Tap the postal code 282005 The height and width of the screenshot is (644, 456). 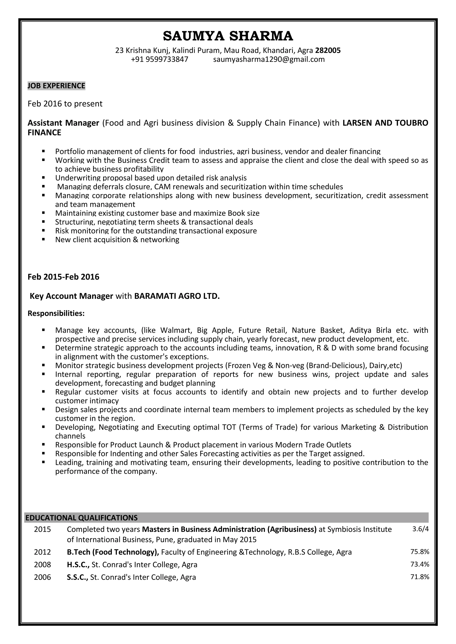[x=328, y=50]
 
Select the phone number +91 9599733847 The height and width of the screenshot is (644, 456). [x=159, y=59]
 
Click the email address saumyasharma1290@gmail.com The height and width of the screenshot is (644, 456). [x=269, y=59]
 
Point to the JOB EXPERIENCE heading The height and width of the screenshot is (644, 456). [x=56, y=86]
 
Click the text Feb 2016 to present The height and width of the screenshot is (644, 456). [x=65, y=104]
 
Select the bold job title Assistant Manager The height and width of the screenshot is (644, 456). [x=63, y=123]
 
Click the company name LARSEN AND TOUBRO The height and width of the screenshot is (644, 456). [x=385, y=123]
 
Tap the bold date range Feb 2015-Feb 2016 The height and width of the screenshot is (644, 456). [x=63, y=277]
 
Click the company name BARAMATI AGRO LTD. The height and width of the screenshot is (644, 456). [x=177, y=296]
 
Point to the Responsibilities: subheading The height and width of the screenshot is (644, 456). [x=56, y=313]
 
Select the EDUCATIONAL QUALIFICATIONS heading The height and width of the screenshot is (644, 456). [x=81, y=518]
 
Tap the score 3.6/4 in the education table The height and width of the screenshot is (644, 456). [x=420, y=529]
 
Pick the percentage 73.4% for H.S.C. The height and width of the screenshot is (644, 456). [x=420, y=564]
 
